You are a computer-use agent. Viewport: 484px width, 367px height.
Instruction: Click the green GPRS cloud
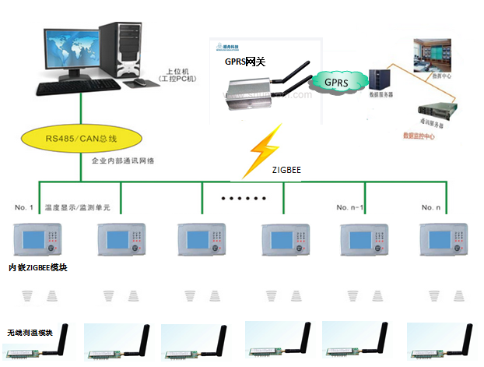point(335,82)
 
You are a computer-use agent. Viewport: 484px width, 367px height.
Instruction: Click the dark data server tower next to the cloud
point(381,79)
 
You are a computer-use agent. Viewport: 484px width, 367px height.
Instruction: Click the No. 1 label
point(24,207)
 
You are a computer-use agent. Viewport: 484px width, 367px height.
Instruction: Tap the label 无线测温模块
point(30,333)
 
